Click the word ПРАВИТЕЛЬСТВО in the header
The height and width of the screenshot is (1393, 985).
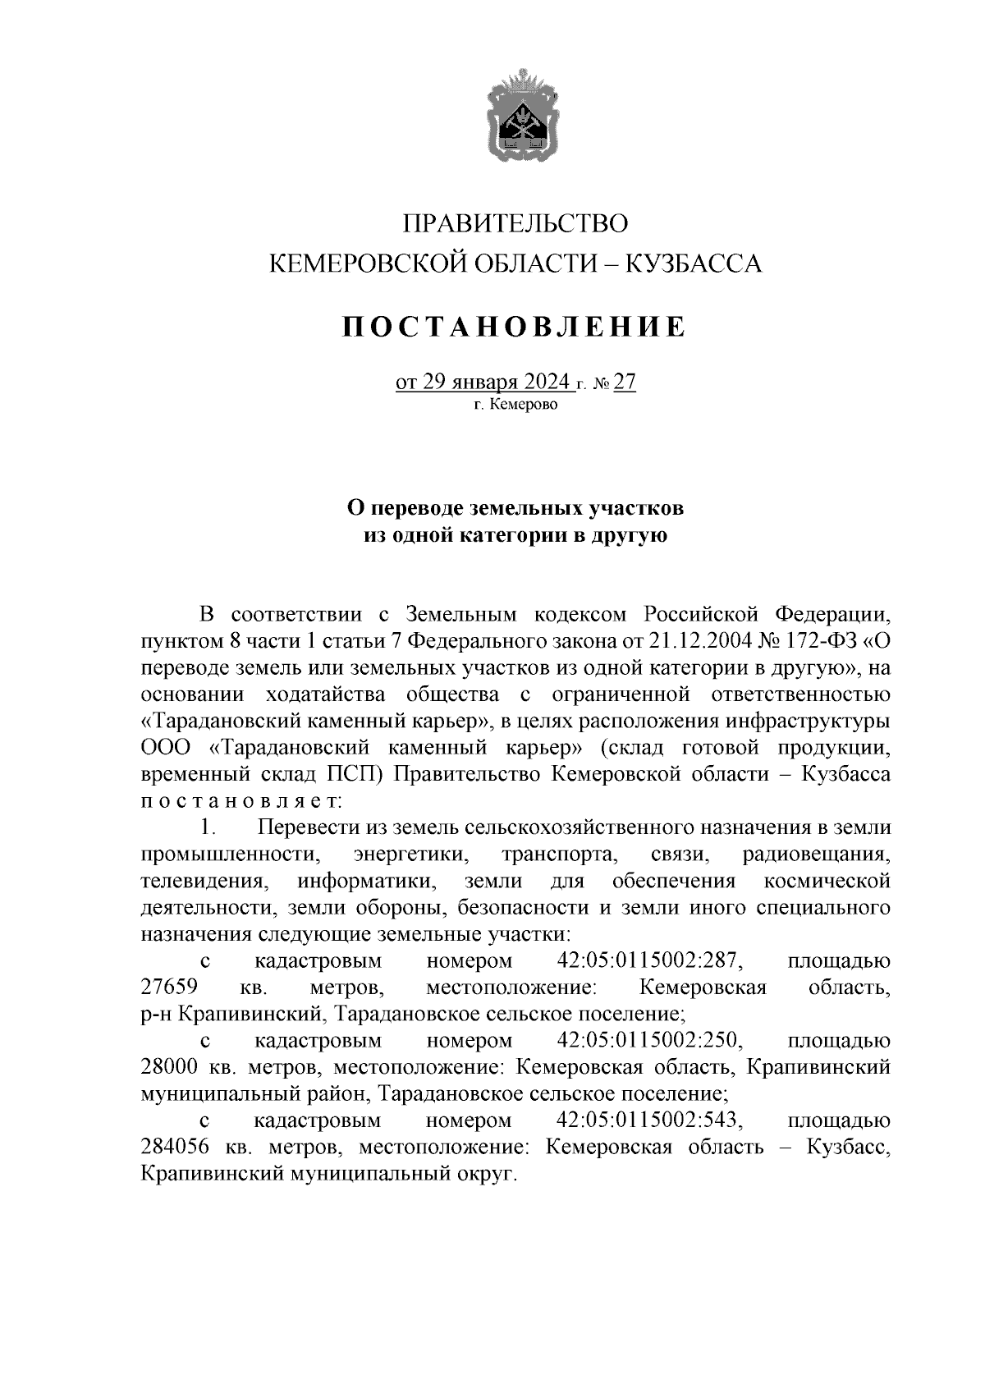click(x=516, y=223)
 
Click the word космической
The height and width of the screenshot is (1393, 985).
click(x=827, y=882)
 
